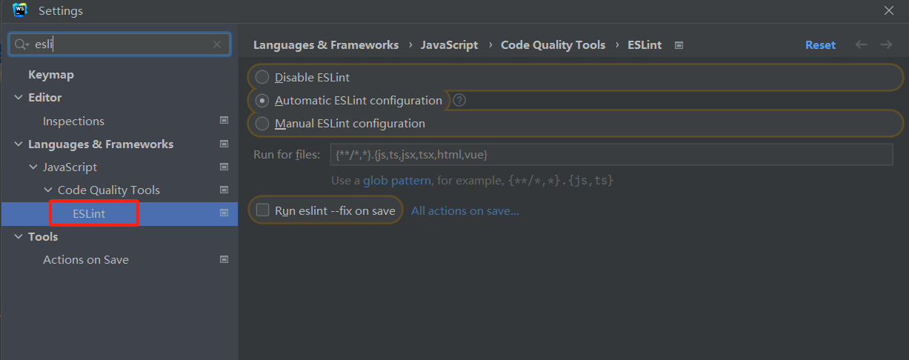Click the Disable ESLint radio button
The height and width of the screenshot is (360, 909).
[262, 77]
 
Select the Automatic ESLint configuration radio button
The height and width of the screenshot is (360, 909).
[262, 100]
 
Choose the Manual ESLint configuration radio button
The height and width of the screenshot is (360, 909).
[262, 124]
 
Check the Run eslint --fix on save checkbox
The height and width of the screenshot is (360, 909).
[262, 210]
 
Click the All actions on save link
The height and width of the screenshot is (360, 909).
[465, 210]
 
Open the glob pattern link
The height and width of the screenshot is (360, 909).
[397, 180]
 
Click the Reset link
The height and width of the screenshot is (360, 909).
[820, 44]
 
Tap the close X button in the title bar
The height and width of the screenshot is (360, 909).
[889, 10]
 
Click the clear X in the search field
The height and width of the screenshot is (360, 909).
[217, 44]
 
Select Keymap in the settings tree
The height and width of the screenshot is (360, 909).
[50, 75]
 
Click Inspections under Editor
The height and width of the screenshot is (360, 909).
[73, 121]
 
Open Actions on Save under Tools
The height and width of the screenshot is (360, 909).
[86, 260]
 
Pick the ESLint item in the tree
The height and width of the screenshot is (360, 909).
[89, 213]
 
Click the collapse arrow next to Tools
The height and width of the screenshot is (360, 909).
[19, 236]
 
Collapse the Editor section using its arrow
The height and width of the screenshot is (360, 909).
[19, 97]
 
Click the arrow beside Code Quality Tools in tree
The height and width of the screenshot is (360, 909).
[48, 190]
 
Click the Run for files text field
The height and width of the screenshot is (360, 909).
[611, 155]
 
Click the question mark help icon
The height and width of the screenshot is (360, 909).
[459, 100]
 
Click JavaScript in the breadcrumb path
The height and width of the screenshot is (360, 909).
[449, 44]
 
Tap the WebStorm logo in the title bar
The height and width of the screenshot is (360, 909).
[20, 10]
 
